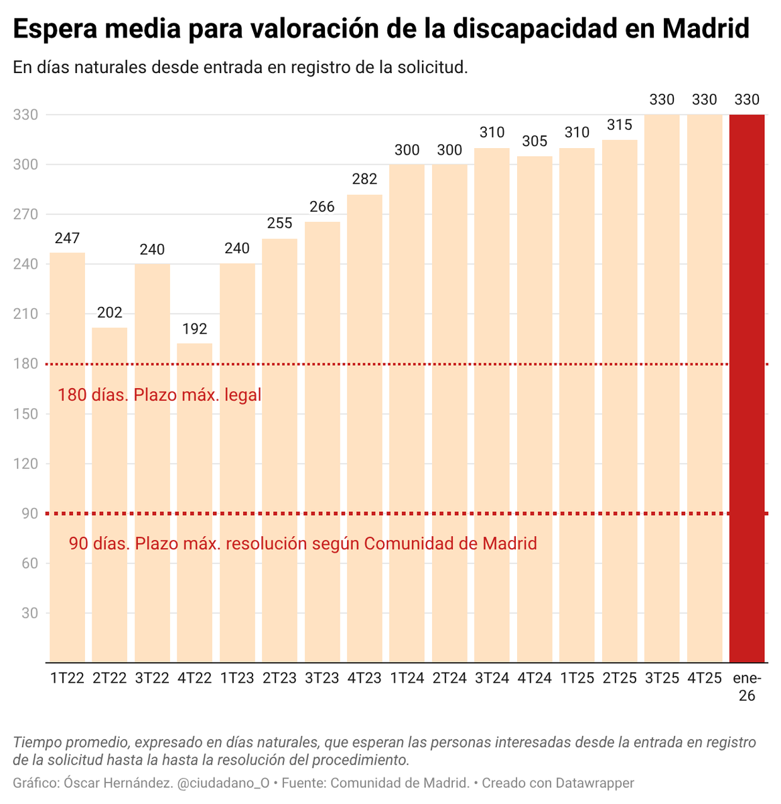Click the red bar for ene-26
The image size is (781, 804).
pyautogui.click(x=747, y=389)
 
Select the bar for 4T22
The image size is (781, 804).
pyautogui.click(x=194, y=503)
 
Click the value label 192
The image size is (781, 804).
pyautogui.click(x=194, y=329)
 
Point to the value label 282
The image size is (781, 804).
pyautogui.click(x=364, y=179)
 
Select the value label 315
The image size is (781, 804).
pyautogui.click(x=619, y=125)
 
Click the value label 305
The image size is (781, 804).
pyautogui.click(x=535, y=141)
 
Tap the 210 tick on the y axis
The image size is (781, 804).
pyautogui.click(x=25, y=314)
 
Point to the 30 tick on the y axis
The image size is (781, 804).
pyautogui.click(x=29, y=613)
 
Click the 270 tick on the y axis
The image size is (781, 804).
pyautogui.click(x=25, y=214)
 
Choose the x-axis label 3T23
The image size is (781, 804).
pyautogui.click(x=322, y=678)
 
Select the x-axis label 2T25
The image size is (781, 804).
pyautogui.click(x=619, y=678)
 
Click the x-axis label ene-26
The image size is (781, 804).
pyautogui.click(x=747, y=687)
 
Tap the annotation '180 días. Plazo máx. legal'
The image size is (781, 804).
pyautogui.click(x=159, y=395)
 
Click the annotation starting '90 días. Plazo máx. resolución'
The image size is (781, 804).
pyautogui.click(x=303, y=543)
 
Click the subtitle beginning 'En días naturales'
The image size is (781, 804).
pyautogui.click(x=240, y=68)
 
